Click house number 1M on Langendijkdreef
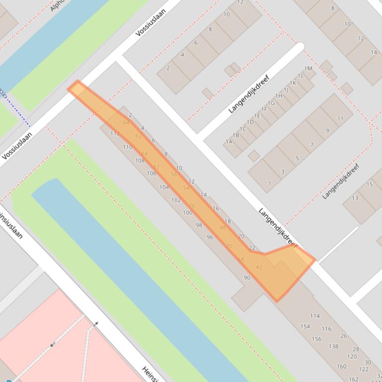308,69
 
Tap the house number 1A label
229,142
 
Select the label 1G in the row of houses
271,103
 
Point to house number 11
340,119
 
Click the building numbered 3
283,172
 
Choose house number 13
355,198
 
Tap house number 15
370,185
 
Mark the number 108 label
140,160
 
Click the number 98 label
199,225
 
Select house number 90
247,278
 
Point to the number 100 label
187,212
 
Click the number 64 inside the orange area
126,123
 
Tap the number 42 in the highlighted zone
259,267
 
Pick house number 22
252,248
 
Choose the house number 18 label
228,222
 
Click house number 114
315,316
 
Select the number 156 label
316,339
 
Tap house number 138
333,347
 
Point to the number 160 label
341,367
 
